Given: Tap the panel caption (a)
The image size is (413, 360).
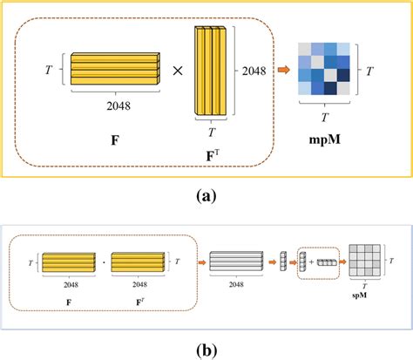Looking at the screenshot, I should click(206, 197).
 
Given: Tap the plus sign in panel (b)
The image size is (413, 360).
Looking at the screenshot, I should click(313, 261).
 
